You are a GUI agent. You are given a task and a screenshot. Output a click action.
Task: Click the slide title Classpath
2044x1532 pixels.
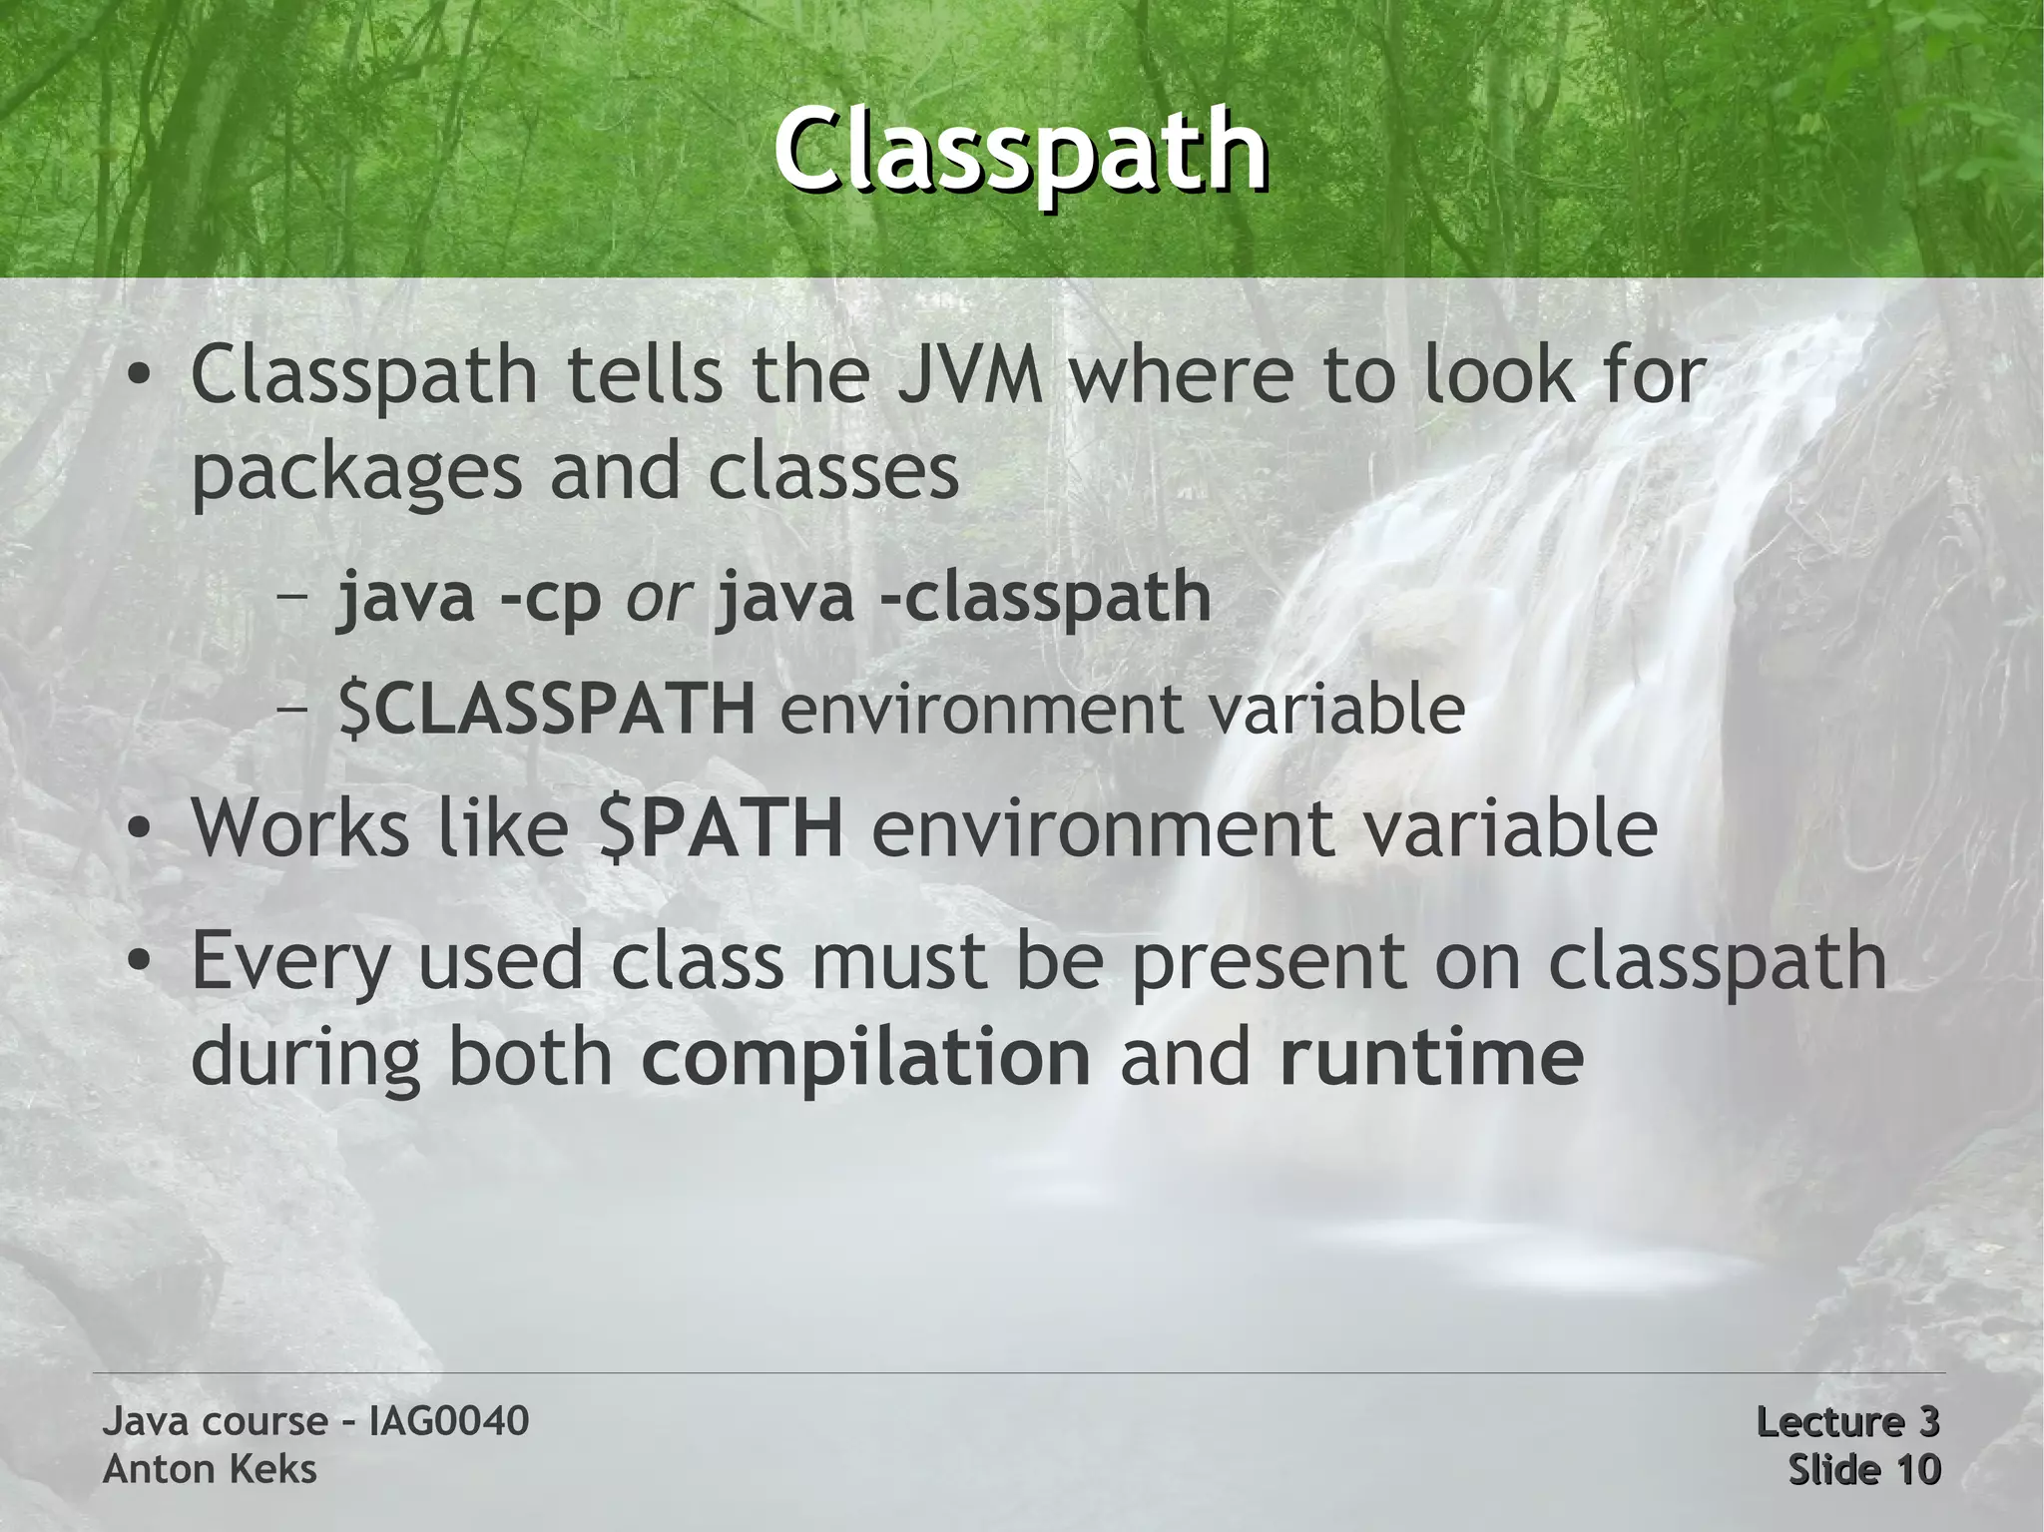tap(1020, 152)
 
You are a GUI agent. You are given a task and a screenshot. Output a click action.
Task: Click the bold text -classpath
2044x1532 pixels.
tap(1045, 597)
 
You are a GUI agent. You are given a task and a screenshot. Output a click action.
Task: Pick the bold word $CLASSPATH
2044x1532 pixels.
tap(547, 709)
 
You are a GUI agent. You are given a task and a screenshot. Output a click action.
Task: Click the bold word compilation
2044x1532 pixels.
tap(865, 1058)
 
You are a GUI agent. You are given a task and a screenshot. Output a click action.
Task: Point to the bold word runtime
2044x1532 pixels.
tap(1431, 1058)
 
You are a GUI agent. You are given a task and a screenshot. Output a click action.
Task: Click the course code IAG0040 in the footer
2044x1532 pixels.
tap(448, 1421)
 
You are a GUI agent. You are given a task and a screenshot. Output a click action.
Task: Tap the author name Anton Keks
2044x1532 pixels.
tap(210, 1469)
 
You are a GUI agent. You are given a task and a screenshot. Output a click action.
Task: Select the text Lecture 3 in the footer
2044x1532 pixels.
tap(1846, 1421)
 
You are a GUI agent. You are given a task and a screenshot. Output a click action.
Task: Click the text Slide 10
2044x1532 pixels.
tap(1863, 1469)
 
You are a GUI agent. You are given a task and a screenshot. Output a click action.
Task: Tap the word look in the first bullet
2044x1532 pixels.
tap(1484, 375)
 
